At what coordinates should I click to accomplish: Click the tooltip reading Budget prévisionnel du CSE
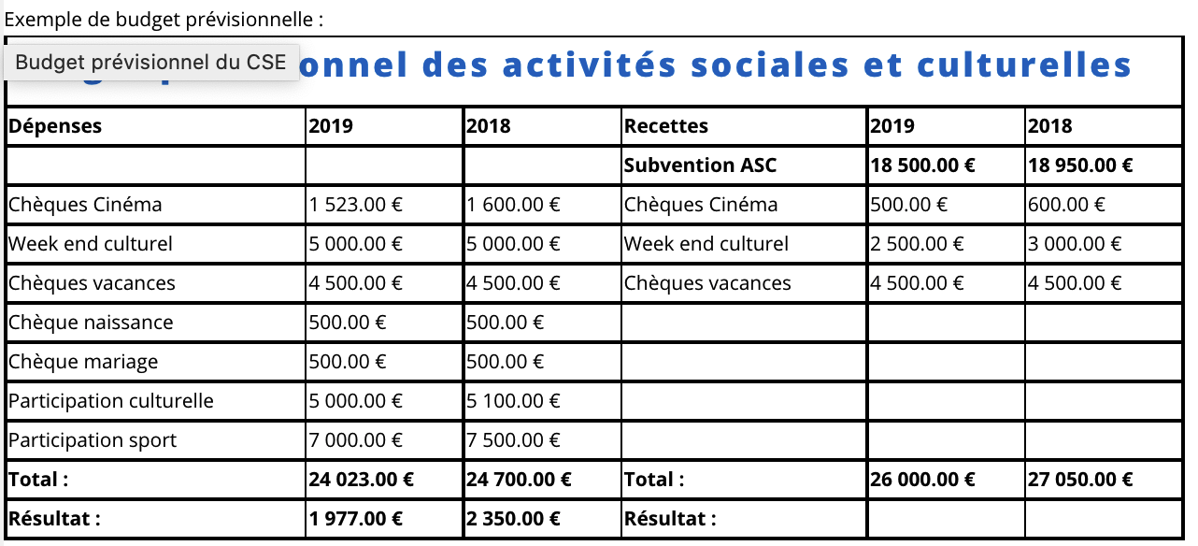click(x=151, y=63)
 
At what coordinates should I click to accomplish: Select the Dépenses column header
click(x=55, y=126)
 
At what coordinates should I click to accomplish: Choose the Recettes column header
click(x=666, y=126)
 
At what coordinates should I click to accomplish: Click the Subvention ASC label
click(x=701, y=165)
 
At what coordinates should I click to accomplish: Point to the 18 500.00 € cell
click(x=923, y=165)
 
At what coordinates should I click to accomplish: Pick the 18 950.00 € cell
click(x=1080, y=165)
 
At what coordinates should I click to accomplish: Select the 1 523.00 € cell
click(x=356, y=205)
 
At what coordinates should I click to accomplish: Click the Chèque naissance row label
click(x=91, y=323)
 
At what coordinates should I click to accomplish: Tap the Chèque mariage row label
click(x=83, y=362)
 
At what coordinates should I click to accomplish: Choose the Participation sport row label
click(x=93, y=440)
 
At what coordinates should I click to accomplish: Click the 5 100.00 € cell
click(x=514, y=401)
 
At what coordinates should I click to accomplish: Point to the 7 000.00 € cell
click(x=356, y=440)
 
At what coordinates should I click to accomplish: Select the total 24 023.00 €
click(x=362, y=480)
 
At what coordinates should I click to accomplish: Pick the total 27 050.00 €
click(x=1080, y=480)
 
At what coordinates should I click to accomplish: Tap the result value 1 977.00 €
click(x=356, y=519)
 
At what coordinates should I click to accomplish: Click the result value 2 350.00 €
click(x=514, y=519)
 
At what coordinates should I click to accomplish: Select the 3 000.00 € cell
click(x=1075, y=244)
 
